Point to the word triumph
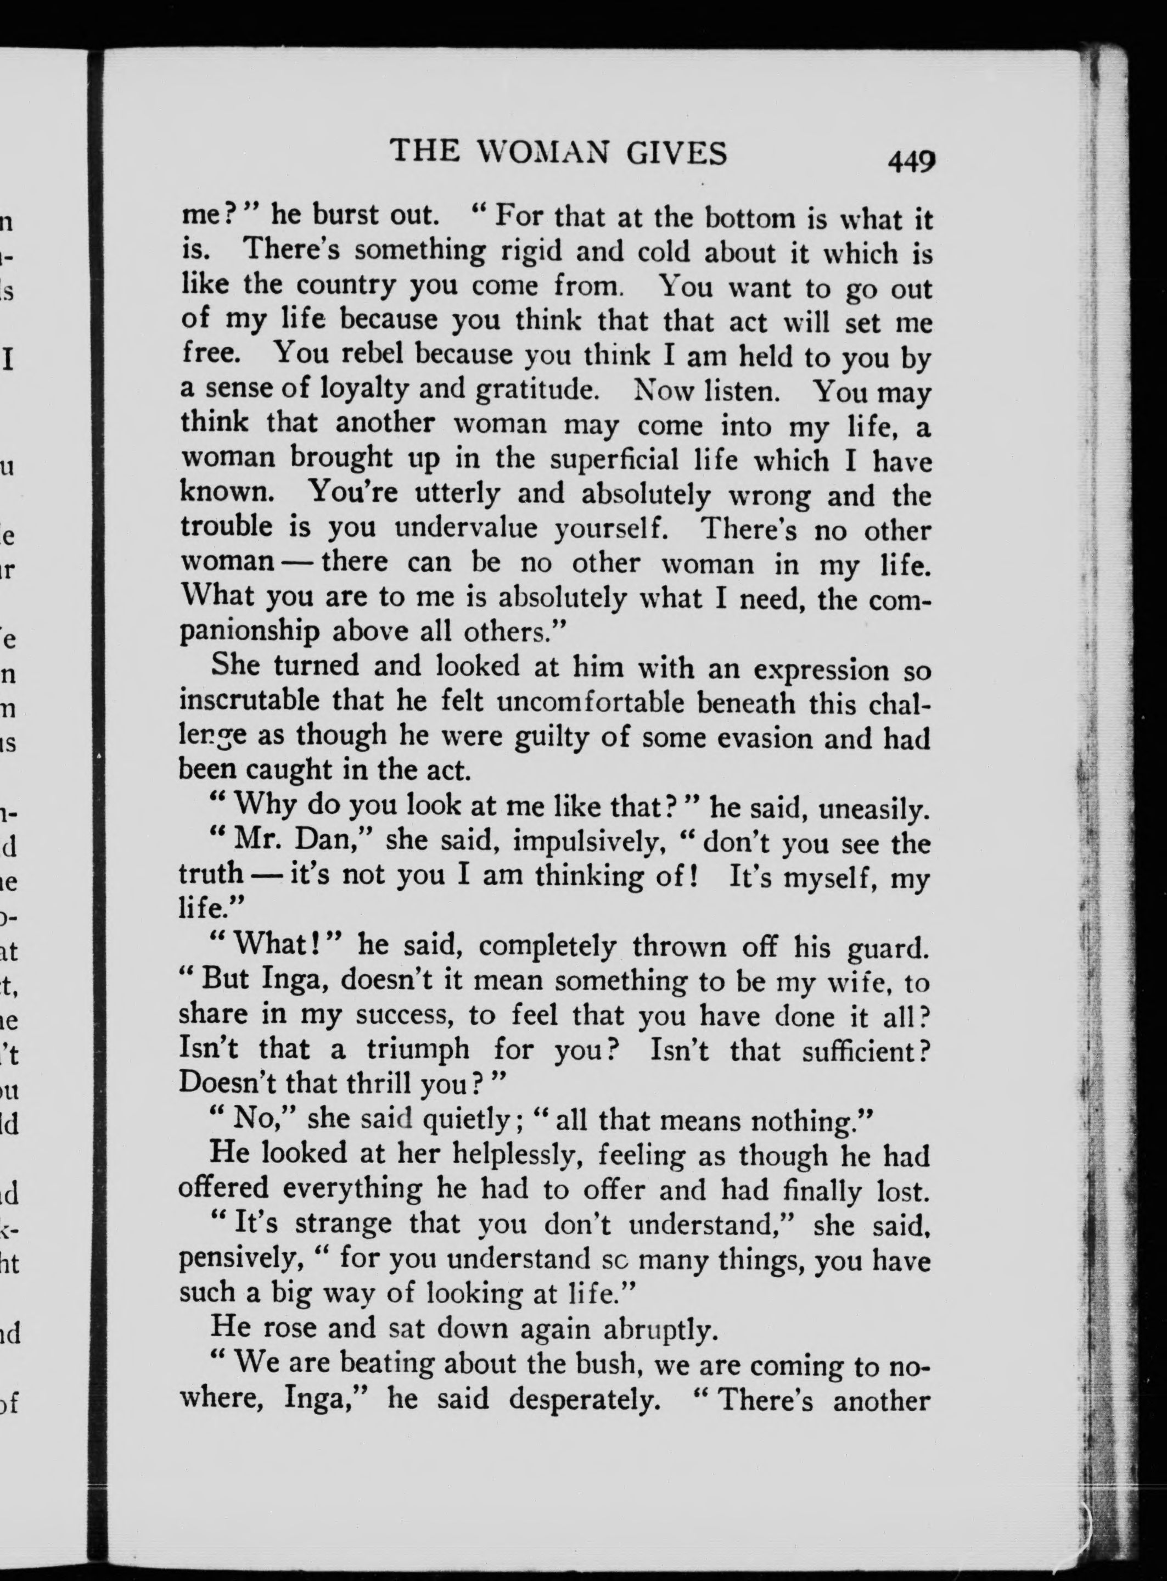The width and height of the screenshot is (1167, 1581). pos(418,1049)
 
